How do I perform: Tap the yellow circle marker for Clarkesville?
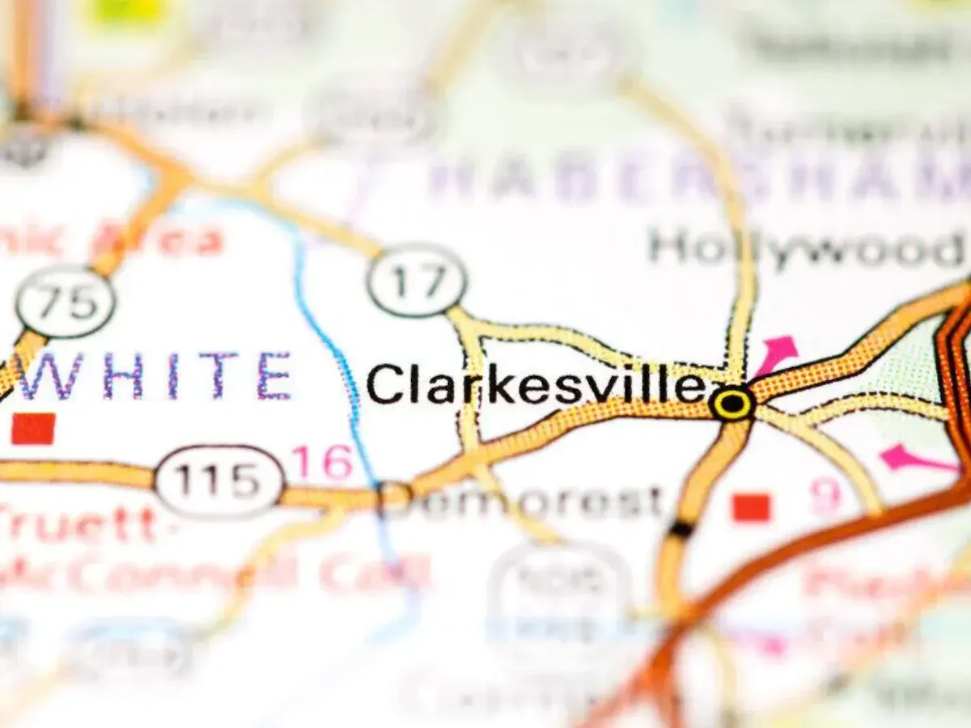pos(732,402)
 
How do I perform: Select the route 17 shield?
pos(417,281)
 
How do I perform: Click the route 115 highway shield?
pos(219,481)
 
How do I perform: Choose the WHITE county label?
pos(154,376)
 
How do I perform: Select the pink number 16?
pos(322,463)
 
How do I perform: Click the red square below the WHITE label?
pos(33,429)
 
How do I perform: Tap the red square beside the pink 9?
pos(751,507)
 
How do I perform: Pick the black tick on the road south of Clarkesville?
pos(681,530)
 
